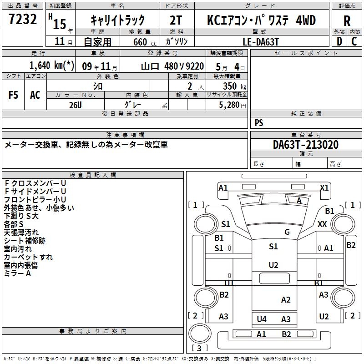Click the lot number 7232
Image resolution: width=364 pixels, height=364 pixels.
[x=22, y=20]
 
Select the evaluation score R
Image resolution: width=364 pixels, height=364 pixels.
[x=347, y=21]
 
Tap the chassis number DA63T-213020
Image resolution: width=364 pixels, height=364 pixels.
[x=306, y=145]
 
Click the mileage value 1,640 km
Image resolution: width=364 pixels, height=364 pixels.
[x=51, y=66]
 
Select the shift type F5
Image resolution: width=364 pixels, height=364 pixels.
[x=13, y=95]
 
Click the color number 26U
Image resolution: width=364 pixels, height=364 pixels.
[x=75, y=105]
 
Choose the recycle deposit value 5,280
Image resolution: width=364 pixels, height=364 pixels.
[x=233, y=105]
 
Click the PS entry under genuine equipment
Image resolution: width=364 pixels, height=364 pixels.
[x=259, y=122]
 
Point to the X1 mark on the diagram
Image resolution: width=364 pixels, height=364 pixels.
[x=324, y=187]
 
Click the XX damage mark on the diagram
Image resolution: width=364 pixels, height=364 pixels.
[x=322, y=224]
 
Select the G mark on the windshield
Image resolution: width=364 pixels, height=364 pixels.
[x=287, y=232]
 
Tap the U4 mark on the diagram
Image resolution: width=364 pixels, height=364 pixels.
[x=262, y=319]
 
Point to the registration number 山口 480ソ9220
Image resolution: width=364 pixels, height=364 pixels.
[x=172, y=66]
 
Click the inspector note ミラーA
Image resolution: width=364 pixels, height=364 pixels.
[x=18, y=273]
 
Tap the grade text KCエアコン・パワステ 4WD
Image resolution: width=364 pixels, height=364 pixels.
[x=261, y=20]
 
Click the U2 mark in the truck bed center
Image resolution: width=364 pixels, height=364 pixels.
[x=273, y=265]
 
